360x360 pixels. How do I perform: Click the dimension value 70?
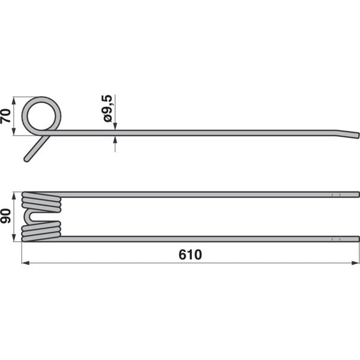[x=6, y=115]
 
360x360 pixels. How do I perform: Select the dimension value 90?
[x=6, y=217]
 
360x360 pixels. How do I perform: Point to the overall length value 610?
[x=190, y=254]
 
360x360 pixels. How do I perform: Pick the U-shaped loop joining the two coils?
[x=28, y=217]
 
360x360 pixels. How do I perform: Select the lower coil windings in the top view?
[x=41, y=231]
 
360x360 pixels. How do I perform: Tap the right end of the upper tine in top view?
[x=358, y=194]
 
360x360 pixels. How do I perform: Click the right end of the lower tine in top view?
[x=358, y=239]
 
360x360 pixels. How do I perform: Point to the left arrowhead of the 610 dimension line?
[x=24, y=262]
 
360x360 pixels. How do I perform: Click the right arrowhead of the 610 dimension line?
[x=357, y=262]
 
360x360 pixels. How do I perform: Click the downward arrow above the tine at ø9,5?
[x=115, y=126]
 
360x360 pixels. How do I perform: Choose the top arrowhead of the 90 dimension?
[x=15, y=195]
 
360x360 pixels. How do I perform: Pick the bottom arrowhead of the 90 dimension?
[x=15, y=238]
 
